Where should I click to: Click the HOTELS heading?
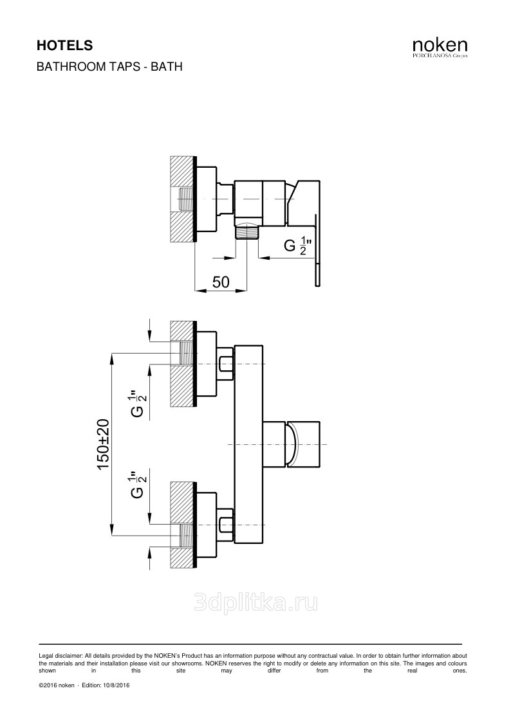click(64, 46)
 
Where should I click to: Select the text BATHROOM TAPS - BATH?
click(109, 67)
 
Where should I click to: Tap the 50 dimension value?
click(221, 282)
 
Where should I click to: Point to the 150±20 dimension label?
click(103, 444)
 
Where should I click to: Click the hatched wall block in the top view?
click(183, 199)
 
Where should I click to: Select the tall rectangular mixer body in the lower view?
click(248, 444)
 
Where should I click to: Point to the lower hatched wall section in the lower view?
click(183, 525)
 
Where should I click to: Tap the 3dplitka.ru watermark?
click(256, 602)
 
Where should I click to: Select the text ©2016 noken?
click(57, 685)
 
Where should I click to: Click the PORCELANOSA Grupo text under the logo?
click(440, 56)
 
